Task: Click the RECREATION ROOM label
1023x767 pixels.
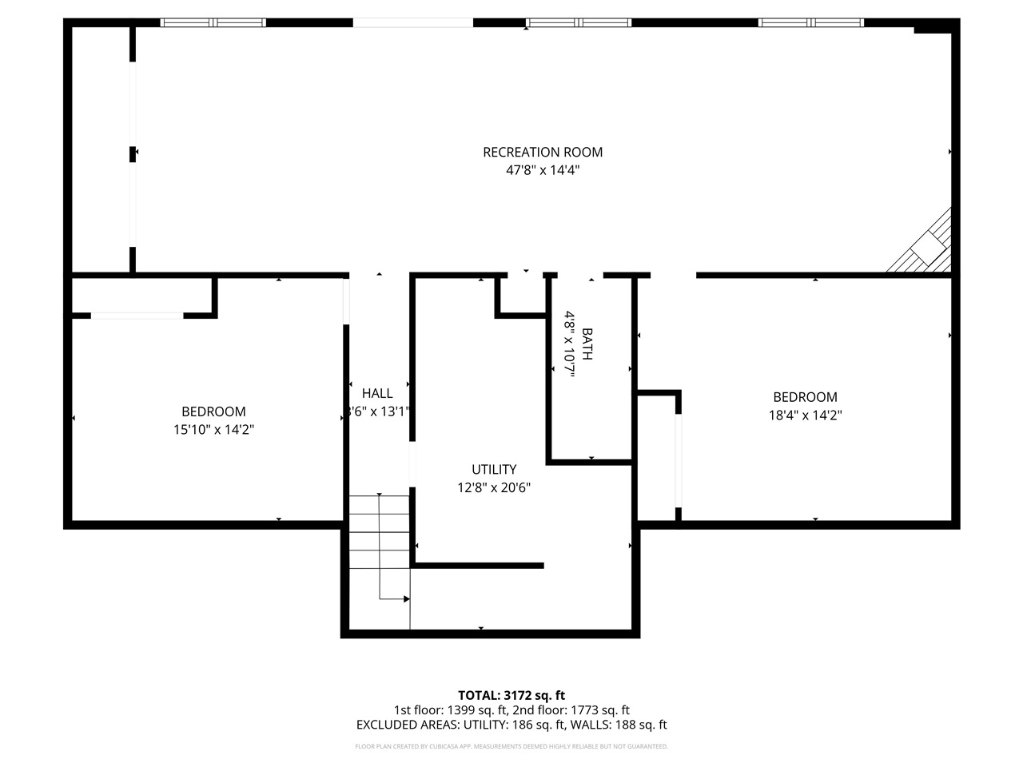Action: pos(543,152)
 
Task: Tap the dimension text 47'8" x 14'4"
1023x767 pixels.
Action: pos(543,170)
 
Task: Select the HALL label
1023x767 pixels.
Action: pos(377,393)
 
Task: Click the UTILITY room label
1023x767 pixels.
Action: pos(494,469)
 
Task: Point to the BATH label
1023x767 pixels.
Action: pos(587,344)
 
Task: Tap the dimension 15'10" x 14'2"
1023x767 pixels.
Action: pos(213,430)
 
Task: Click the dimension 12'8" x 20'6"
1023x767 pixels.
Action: pos(494,487)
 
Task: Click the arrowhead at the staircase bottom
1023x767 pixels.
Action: pos(407,598)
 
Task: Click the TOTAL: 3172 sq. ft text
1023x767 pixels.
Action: pos(511,695)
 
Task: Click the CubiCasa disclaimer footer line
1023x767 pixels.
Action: pos(511,746)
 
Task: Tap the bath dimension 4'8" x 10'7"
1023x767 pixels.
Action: pos(570,344)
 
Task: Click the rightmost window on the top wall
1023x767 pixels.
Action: pos(811,22)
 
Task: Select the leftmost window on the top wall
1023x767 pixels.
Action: pos(213,22)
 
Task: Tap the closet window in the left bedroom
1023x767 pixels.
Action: pos(137,316)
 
